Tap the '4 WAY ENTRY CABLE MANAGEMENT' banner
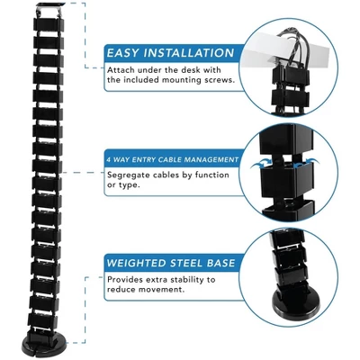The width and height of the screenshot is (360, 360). click(x=172, y=160)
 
